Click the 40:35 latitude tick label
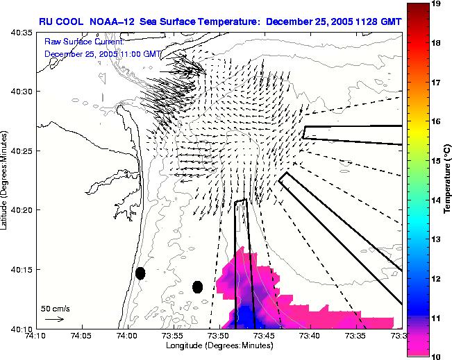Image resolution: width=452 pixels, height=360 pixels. coord(22,33)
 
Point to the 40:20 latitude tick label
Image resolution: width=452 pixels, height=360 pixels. coord(22,210)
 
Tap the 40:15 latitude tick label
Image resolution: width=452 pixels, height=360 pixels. coord(22,269)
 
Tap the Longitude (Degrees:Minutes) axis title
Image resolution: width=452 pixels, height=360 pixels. coord(217,345)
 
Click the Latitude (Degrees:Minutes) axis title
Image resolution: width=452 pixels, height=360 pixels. coord(6,180)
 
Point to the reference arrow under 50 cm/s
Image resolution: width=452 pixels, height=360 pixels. coord(54,319)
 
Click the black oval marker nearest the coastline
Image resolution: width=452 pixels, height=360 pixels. coord(140,273)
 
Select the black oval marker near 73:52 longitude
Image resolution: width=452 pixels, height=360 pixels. coord(197,287)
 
